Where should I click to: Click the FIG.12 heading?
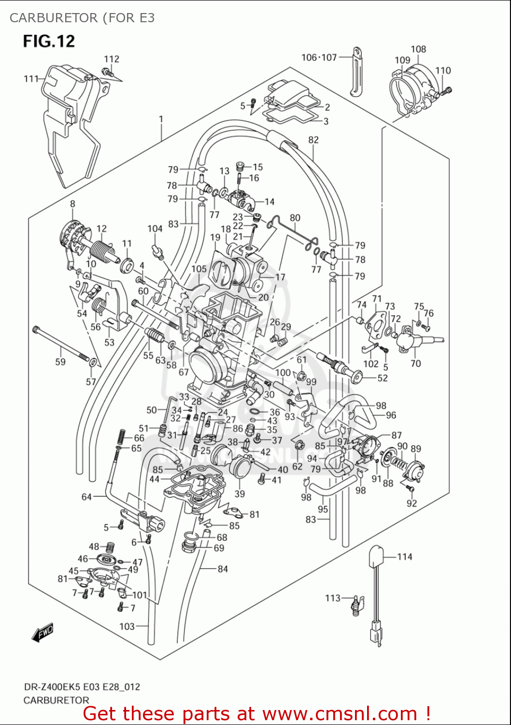(x=49, y=41)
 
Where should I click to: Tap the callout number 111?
(x=31, y=78)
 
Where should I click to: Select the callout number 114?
(x=404, y=557)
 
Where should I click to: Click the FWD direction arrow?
(x=43, y=633)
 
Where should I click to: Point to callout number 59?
(x=60, y=362)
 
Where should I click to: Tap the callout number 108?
(x=418, y=49)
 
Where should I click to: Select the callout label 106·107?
(x=319, y=58)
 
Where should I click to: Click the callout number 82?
(x=313, y=140)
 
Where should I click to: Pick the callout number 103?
(x=127, y=626)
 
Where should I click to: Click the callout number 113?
(x=333, y=598)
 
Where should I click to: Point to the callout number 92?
(x=412, y=503)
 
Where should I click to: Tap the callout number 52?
(x=383, y=378)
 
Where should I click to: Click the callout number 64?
(x=86, y=497)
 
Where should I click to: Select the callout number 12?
(x=101, y=229)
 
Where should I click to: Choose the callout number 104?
(x=155, y=229)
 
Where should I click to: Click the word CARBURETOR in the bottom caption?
(x=56, y=700)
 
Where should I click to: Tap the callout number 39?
(x=240, y=493)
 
